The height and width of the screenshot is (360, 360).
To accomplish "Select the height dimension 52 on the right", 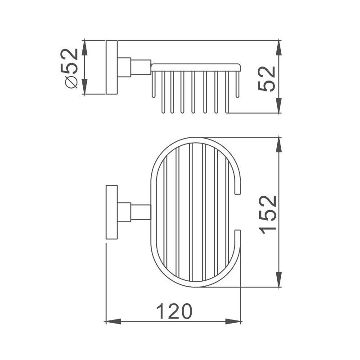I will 267,78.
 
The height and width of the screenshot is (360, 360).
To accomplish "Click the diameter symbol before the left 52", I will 72,82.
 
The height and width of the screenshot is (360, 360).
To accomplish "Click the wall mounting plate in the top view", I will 111,212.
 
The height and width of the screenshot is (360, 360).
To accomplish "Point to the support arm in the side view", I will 140,67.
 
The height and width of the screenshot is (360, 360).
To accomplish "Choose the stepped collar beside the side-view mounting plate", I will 124,67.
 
